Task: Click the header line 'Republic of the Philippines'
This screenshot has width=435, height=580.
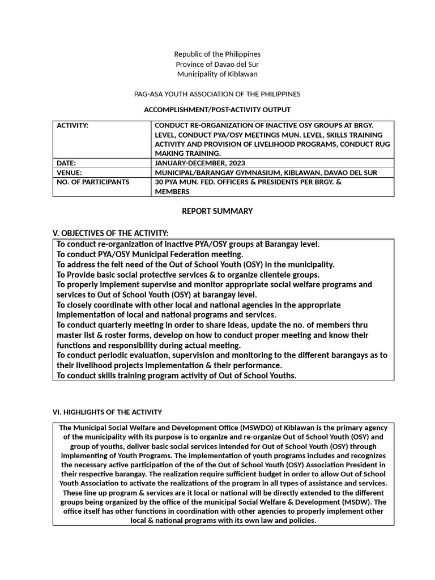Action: [217, 54]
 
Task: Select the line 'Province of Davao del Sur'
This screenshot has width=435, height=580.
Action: [217, 64]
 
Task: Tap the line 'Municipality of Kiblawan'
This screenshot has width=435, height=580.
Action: [217, 74]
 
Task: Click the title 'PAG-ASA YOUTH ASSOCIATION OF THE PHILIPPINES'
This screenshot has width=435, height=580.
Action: [217, 93]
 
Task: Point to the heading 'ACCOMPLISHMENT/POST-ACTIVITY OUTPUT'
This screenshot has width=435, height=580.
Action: [217, 109]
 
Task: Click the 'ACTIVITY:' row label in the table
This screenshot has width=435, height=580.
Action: [72, 126]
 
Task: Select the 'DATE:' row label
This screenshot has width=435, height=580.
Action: [66, 163]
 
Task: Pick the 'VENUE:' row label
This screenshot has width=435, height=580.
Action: [69, 172]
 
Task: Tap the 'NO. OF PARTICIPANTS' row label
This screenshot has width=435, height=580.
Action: [93, 182]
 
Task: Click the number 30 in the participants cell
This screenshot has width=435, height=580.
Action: [159, 182]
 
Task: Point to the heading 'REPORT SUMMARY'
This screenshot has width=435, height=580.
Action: [217, 211]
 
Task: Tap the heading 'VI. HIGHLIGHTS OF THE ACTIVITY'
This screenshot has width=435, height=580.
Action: [108, 412]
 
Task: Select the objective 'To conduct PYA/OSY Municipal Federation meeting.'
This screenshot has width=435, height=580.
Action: [150, 254]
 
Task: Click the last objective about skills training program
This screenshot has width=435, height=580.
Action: [177, 376]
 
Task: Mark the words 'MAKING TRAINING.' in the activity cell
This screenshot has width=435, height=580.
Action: [187, 153]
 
